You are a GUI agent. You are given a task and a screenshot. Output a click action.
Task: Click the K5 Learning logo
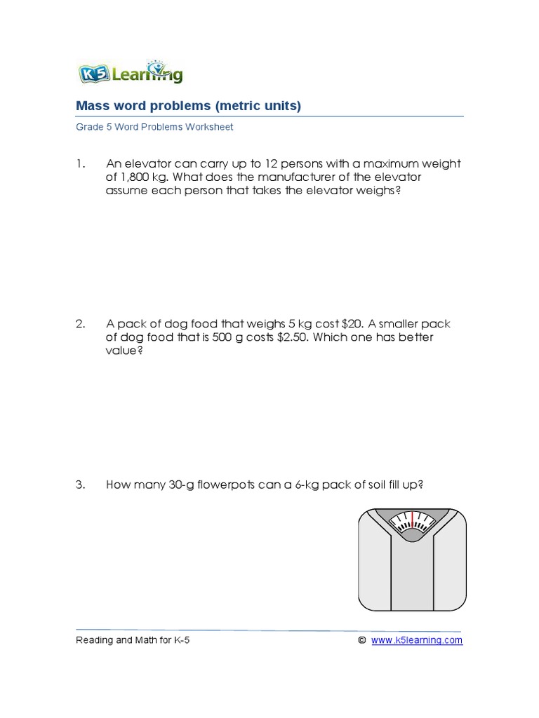(129, 72)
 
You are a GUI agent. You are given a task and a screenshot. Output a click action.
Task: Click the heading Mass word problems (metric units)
(188, 106)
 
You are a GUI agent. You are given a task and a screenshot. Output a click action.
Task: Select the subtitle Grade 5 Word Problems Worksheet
(154, 128)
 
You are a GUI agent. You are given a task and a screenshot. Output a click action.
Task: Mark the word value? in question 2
(124, 351)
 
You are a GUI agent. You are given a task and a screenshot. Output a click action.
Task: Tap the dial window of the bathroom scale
(412, 523)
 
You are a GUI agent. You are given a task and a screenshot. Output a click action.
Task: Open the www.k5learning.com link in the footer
(416, 640)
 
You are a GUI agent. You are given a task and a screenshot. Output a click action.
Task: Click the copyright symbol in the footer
(361, 640)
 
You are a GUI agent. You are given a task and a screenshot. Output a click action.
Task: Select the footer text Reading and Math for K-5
(133, 640)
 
